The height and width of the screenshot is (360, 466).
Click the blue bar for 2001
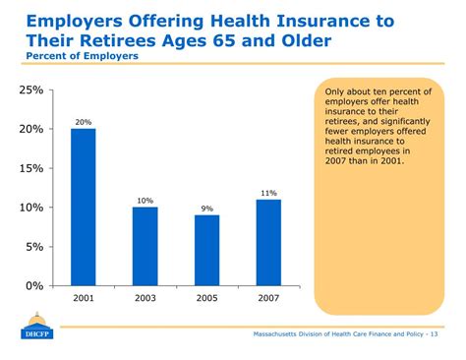[x=84, y=207]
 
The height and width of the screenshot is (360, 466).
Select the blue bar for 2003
[x=146, y=246]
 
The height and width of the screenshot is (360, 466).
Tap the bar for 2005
[x=207, y=250]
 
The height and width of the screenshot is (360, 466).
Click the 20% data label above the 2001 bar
[x=84, y=122]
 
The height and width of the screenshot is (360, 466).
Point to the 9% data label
[x=207, y=209]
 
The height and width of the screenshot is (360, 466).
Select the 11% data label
[x=269, y=193]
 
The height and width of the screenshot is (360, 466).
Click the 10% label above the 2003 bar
[x=146, y=201]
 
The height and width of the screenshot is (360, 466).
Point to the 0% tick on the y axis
[x=33, y=285]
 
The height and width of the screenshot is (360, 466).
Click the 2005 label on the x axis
[x=207, y=298]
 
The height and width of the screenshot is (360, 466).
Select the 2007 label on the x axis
[x=269, y=298]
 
